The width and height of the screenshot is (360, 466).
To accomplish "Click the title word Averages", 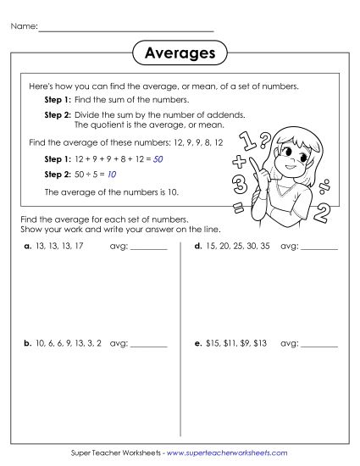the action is tap(180, 53).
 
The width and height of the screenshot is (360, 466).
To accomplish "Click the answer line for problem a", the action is tap(149, 249).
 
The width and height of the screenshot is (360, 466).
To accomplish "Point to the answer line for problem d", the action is tap(319, 249).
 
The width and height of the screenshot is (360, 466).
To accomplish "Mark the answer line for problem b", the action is tap(149, 347).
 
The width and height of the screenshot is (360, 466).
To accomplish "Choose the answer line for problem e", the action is tap(319, 347).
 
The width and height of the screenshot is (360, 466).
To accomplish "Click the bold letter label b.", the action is tap(27, 344).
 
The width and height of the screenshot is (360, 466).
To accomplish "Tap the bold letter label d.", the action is tap(197, 247).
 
